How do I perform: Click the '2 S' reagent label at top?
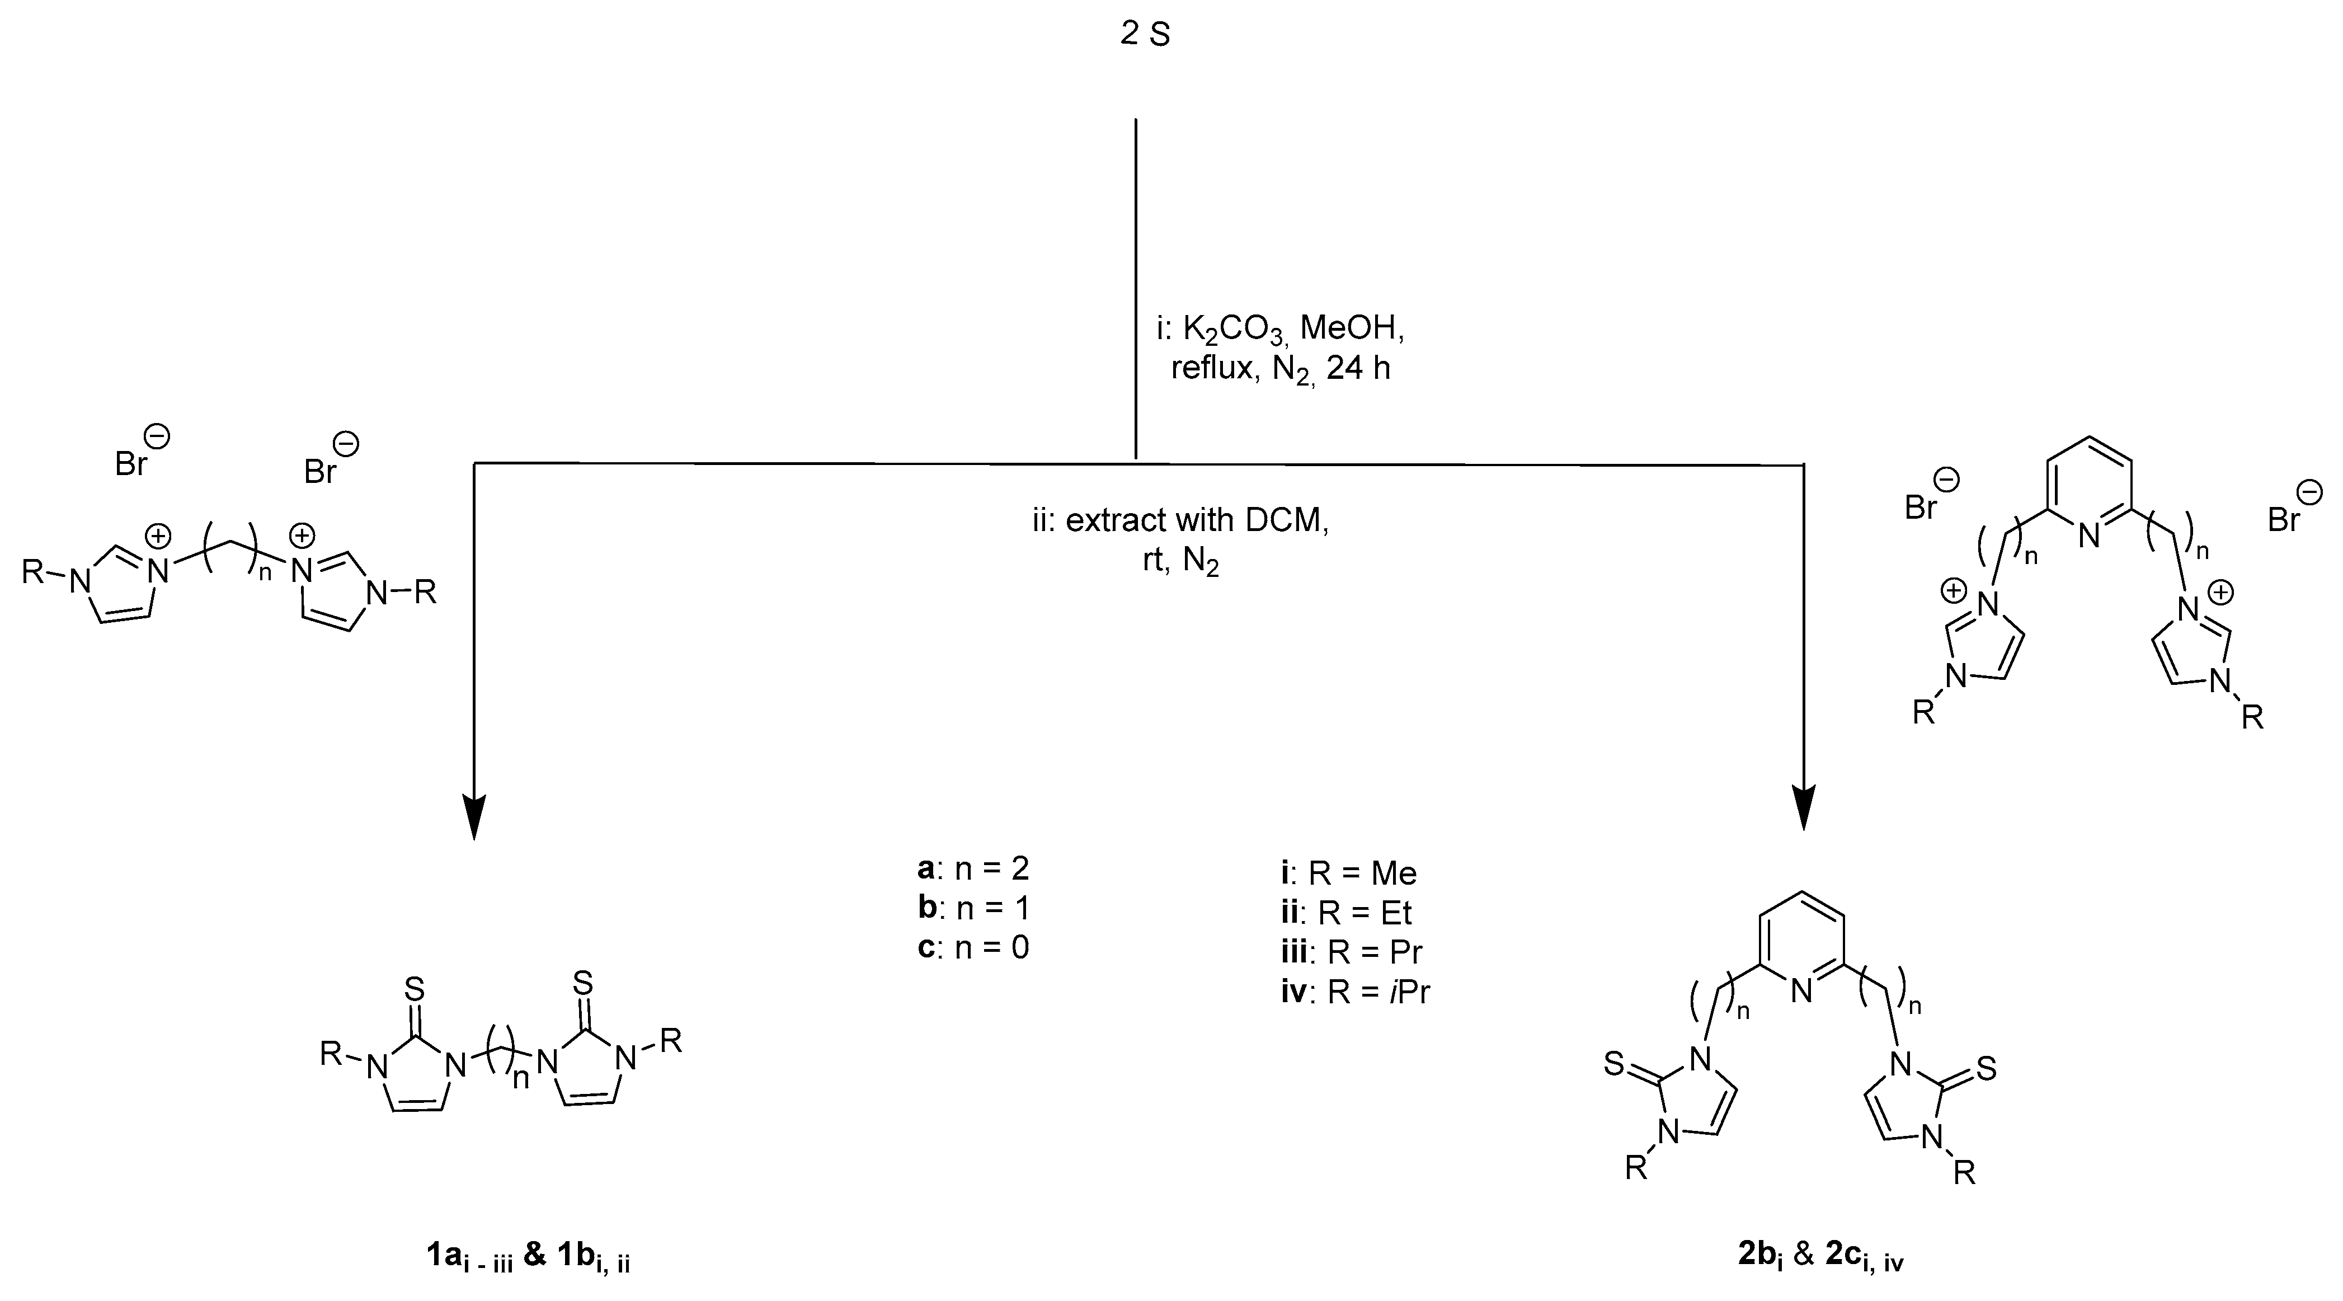[1144, 35]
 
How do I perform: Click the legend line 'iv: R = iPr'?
[1355, 991]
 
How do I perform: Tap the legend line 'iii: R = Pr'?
[1351, 952]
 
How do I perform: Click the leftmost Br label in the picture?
[132, 464]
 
